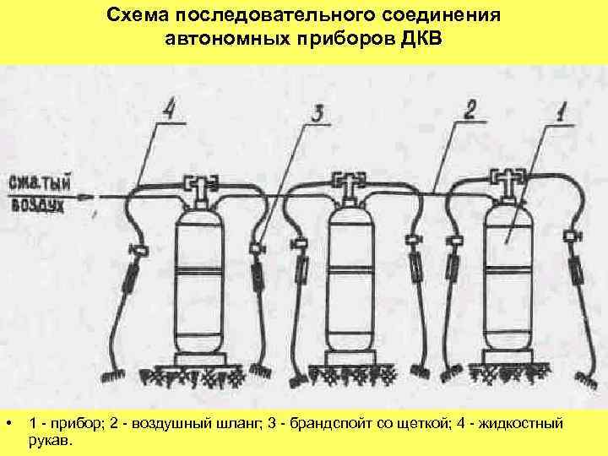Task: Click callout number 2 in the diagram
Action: [x=470, y=110]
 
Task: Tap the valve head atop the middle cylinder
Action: [x=346, y=182]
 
